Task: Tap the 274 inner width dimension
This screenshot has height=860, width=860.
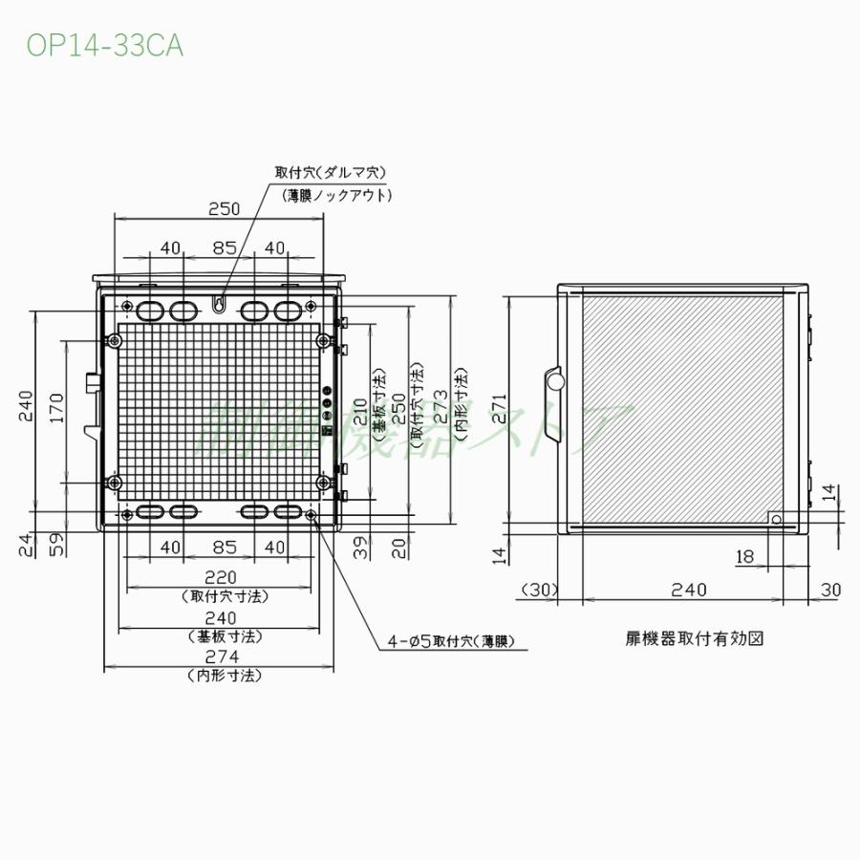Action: tap(226, 657)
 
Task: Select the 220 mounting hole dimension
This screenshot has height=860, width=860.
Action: tap(226, 577)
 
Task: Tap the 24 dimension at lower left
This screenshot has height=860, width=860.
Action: tap(25, 546)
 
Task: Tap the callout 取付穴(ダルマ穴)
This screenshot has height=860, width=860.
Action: tap(330, 173)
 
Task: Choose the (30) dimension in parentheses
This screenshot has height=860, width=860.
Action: tap(540, 591)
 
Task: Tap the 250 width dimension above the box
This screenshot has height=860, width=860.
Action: tap(224, 208)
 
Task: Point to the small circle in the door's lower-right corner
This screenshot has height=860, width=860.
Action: tap(775, 521)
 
